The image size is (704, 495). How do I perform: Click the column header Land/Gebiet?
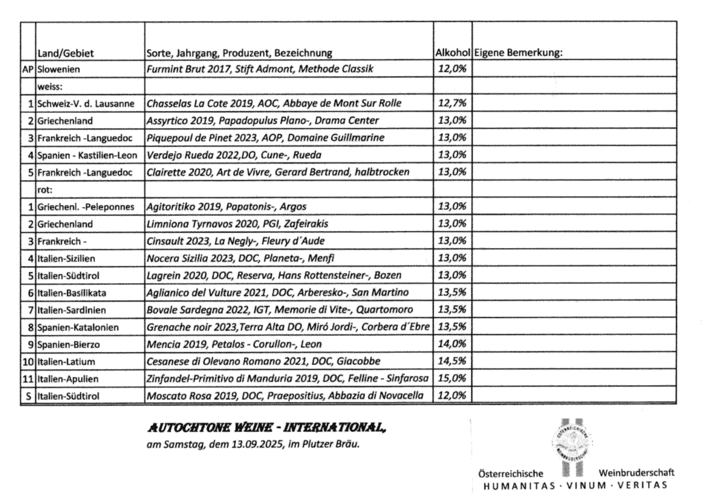[65, 53]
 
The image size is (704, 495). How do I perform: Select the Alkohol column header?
[452, 53]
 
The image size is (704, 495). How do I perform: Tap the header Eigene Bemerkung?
[517, 53]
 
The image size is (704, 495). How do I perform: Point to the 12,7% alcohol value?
[451, 103]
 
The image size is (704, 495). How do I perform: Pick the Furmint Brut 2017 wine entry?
[260, 69]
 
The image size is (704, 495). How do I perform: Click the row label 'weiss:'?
[49, 86]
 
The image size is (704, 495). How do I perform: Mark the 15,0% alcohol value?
[451, 377]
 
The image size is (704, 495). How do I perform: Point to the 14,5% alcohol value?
[451, 360]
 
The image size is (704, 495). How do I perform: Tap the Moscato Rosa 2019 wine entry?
[281, 394]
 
